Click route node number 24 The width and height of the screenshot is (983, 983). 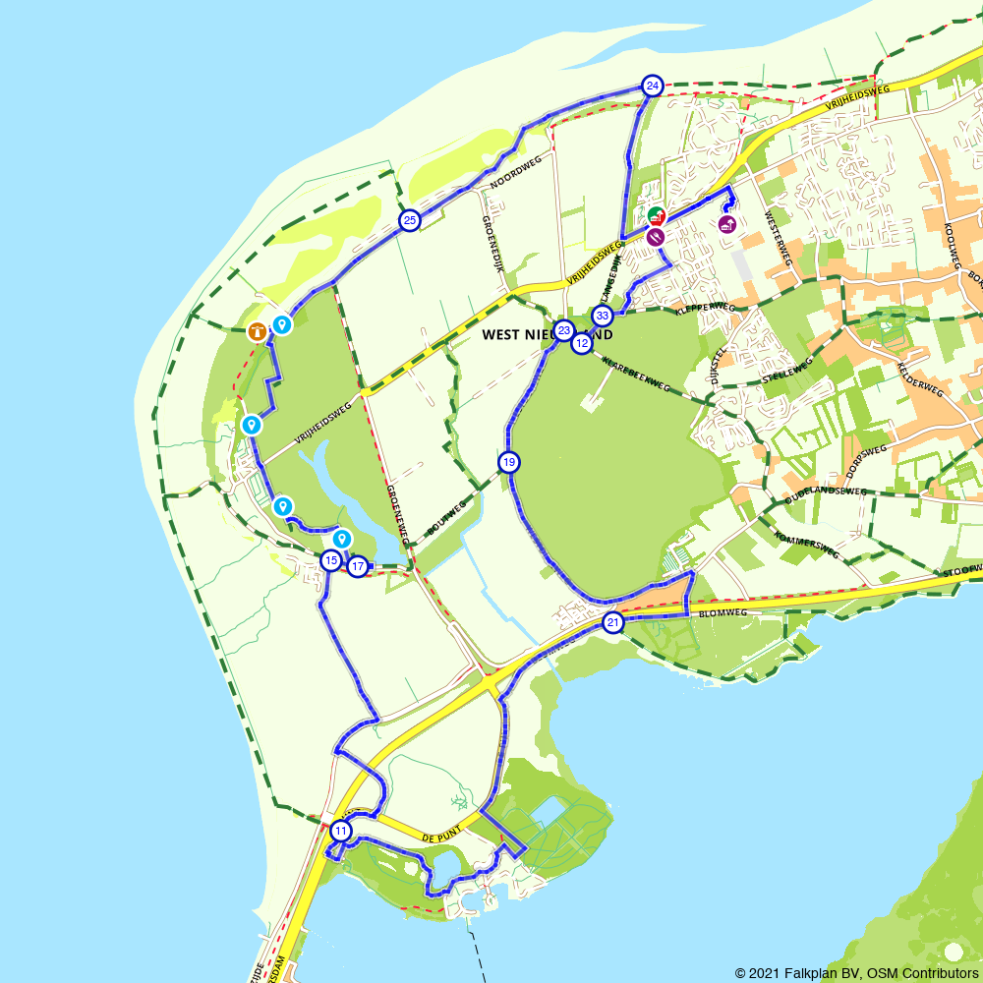click(x=652, y=87)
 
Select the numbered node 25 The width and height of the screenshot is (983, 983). click(x=409, y=221)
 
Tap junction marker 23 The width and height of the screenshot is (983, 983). click(x=563, y=330)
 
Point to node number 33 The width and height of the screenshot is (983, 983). click(x=603, y=316)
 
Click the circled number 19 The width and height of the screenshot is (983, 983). click(x=508, y=462)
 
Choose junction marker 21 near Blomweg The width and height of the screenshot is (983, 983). click(x=613, y=623)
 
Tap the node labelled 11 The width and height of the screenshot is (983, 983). click(x=340, y=831)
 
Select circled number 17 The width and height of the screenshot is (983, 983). click(x=358, y=566)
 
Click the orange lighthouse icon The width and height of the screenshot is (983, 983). click(x=257, y=331)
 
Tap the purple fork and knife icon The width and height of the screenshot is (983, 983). click(x=657, y=236)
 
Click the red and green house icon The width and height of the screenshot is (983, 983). click(x=656, y=215)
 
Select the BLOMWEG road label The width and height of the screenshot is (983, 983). click(x=720, y=612)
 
